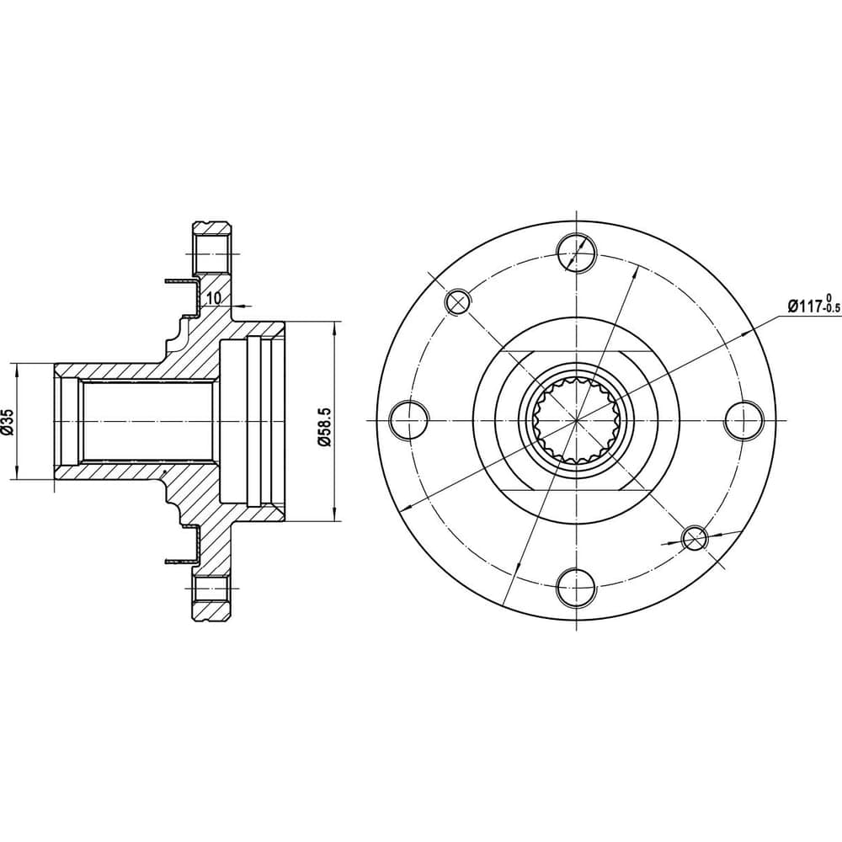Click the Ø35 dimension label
8,421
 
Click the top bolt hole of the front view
577,253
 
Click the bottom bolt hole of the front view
577,588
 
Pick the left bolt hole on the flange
409,420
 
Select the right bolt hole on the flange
744,420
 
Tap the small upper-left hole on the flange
458,301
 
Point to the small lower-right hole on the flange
695,539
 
